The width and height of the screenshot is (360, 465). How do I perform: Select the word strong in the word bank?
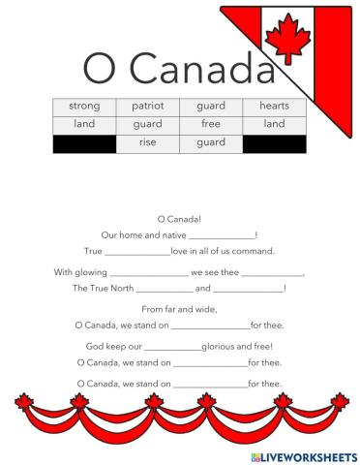coord(84,106)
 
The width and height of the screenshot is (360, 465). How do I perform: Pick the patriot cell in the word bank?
coord(148,106)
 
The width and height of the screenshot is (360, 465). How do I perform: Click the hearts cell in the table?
coord(274,106)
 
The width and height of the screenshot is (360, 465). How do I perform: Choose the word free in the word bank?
coord(210,124)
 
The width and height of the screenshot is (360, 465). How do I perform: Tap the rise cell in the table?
coord(148,143)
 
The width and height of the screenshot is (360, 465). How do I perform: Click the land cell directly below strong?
coord(84,124)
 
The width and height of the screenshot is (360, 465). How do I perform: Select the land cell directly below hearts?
coord(274,124)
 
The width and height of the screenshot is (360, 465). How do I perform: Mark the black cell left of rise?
coord(84,143)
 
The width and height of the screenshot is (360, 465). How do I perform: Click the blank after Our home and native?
coord(222,235)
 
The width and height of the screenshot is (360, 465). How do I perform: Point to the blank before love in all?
coord(138,252)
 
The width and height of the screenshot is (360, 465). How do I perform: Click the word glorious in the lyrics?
coord(222,346)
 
